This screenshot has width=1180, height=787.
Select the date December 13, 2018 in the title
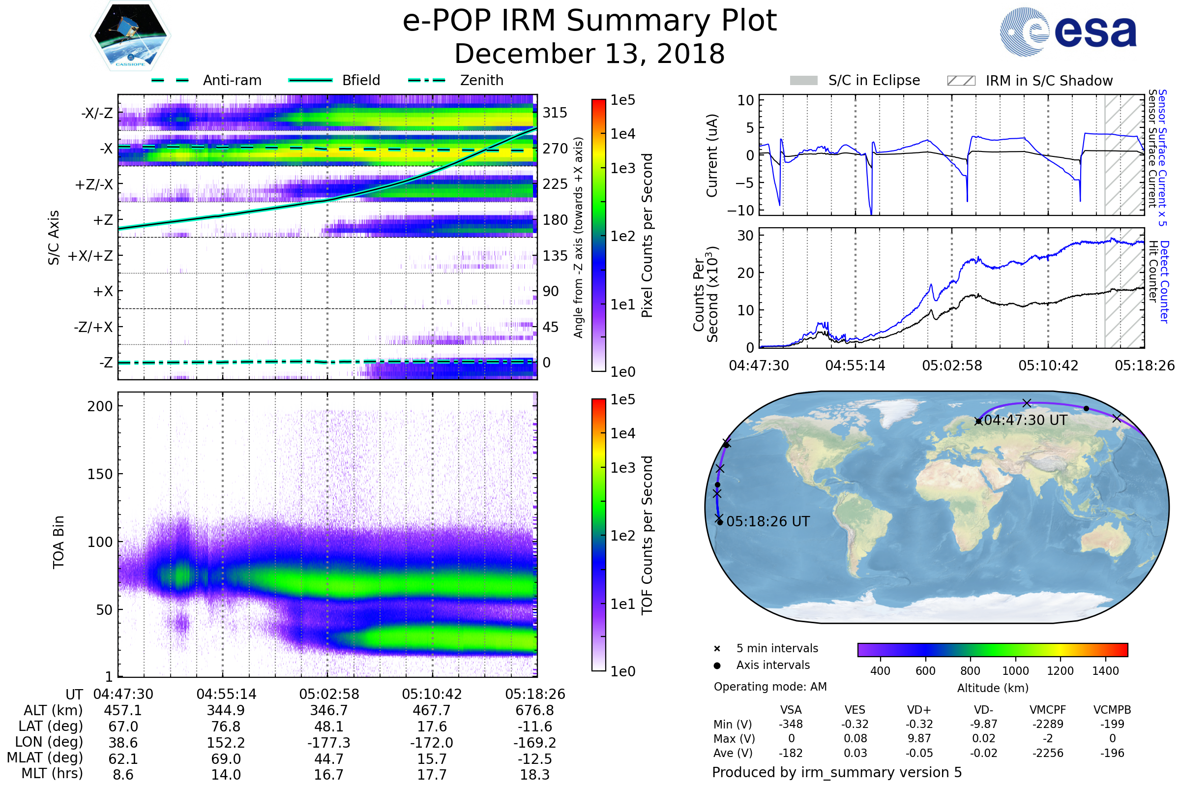click(590, 54)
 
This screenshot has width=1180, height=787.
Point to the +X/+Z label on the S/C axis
click(90, 256)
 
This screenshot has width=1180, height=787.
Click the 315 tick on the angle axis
click(555, 113)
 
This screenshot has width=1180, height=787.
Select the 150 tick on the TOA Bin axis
click(100, 474)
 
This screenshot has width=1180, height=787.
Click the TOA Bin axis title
click(59, 542)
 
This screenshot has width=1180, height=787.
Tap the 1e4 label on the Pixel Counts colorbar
click(622, 134)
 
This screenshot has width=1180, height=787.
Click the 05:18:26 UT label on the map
click(767, 521)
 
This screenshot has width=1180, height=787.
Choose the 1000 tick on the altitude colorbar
click(1015, 671)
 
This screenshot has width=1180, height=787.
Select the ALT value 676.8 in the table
click(534, 711)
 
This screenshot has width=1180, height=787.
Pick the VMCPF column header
click(1048, 710)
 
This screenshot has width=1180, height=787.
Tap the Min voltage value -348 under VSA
click(791, 724)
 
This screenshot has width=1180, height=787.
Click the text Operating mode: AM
click(769, 687)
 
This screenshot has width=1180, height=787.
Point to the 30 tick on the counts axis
click(745, 236)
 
